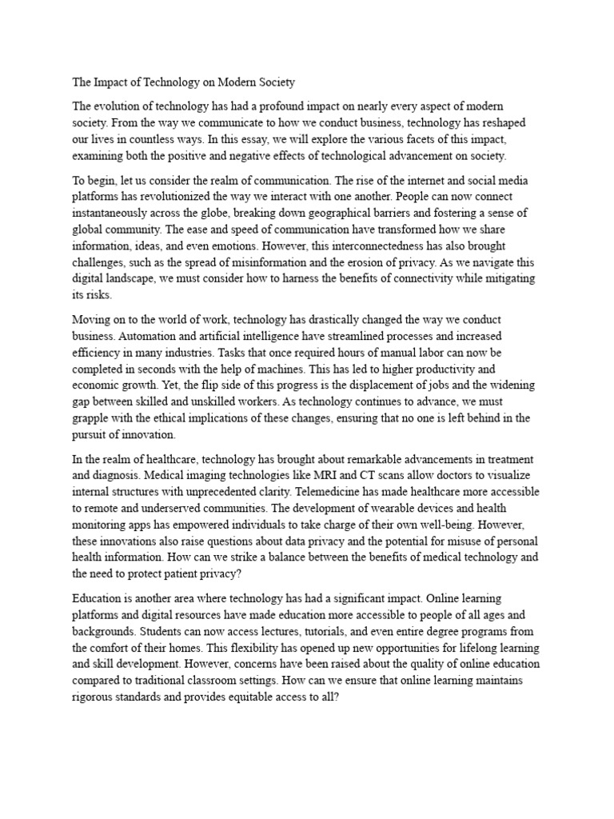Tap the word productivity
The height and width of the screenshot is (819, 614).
(452, 370)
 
